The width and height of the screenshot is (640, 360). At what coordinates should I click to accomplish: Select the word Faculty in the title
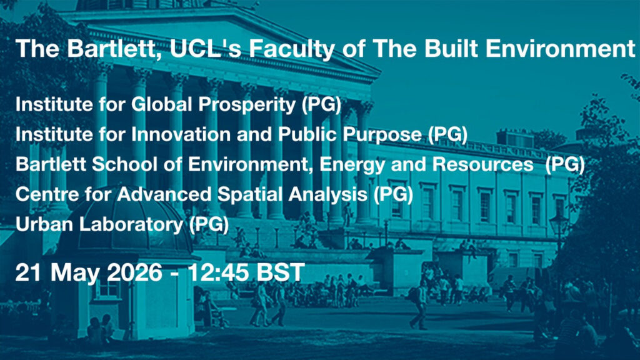(x=291, y=49)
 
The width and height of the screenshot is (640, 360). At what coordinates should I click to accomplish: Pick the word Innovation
(x=182, y=134)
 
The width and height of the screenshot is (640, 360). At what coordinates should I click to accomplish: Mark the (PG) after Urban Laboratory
(x=209, y=225)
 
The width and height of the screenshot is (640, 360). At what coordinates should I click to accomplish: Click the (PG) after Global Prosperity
(x=321, y=105)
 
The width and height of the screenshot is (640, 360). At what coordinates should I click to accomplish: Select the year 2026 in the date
(x=134, y=272)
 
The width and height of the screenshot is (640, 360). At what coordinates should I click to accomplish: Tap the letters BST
(x=281, y=272)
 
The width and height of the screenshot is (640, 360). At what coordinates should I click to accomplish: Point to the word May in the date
(x=75, y=273)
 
